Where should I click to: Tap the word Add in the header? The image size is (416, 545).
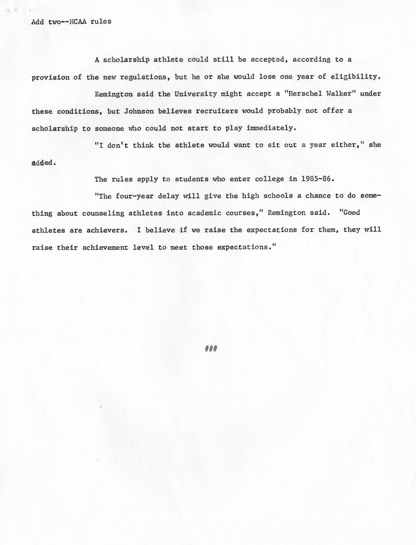pos(38,21)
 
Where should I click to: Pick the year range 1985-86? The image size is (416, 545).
pos(317,179)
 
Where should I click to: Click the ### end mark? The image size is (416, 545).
pos(212,348)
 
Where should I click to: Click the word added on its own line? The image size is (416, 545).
pos(43,162)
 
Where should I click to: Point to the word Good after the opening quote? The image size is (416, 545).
pos(352,213)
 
